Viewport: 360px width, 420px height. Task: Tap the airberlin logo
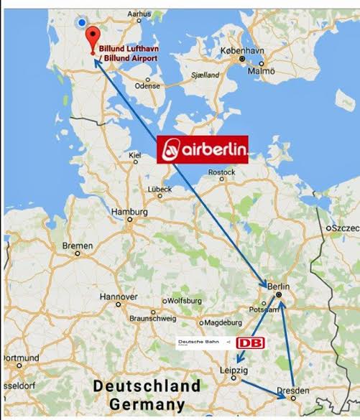click(203, 150)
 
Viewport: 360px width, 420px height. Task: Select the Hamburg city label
click(129, 213)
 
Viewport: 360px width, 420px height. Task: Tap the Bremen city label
click(78, 246)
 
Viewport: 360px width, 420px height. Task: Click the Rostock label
click(221, 172)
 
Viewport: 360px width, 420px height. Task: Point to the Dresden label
click(293, 390)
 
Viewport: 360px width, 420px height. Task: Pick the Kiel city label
click(134, 155)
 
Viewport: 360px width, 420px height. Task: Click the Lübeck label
click(160, 189)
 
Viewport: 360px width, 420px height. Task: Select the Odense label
click(147, 85)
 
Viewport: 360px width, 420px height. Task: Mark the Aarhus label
click(139, 13)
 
